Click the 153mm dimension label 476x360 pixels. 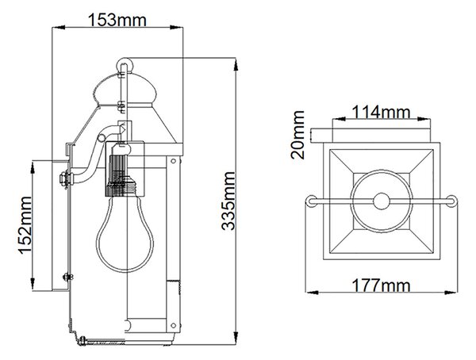[117, 21]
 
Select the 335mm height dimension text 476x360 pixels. [228, 201]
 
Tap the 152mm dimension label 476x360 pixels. [25, 225]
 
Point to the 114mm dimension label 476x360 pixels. [381, 112]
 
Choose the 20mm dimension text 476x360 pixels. [297, 135]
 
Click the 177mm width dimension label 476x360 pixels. [381, 285]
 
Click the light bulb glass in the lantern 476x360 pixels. [125, 233]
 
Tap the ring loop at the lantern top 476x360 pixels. [125, 65]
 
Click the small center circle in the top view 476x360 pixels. [382, 201]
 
